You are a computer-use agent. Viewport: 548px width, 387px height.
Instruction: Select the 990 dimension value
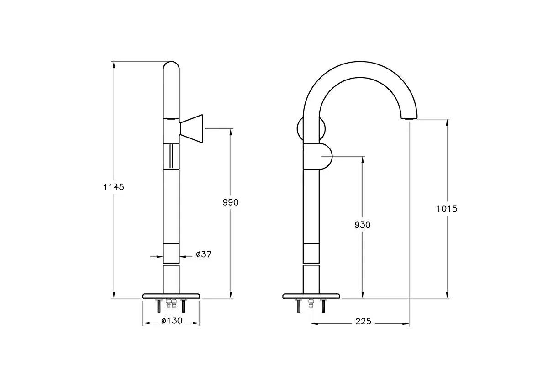pyautogui.click(x=231, y=202)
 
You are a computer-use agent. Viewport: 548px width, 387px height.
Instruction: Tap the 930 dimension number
pyautogui.click(x=363, y=224)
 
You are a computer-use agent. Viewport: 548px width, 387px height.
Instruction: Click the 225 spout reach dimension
pyautogui.click(x=363, y=322)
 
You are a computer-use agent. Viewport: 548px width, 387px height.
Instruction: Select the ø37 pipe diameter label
pyautogui.click(x=204, y=254)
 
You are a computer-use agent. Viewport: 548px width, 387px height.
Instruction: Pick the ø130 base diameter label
pyautogui.click(x=172, y=321)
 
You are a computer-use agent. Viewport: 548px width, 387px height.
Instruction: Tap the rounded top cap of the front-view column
pyautogui.click(x=171, y=67)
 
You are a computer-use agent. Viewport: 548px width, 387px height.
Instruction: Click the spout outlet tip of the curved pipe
pyautogui.click(x=409, y=118)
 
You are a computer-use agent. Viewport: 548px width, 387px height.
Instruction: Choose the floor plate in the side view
pyautogui.click(x=311, y=296)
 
